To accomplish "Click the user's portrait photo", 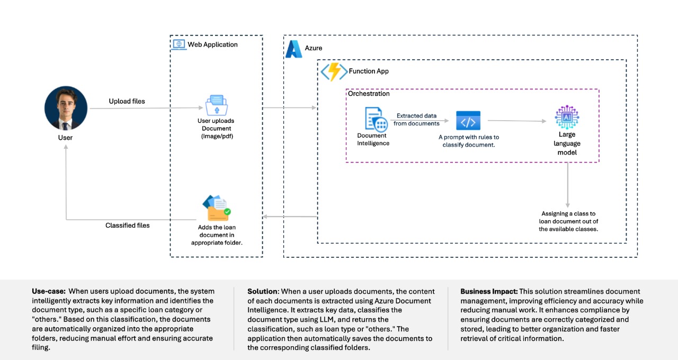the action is point(66,108).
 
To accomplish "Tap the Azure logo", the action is point(293,49).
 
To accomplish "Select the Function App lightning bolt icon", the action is point(334,71).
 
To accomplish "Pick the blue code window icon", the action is point(468,120).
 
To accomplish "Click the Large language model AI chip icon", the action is point(567,117).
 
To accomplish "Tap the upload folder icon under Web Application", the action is point(217,105).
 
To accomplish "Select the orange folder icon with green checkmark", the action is point(217,208).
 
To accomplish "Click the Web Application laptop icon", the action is point(179,44).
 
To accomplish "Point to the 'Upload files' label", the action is point(127,101).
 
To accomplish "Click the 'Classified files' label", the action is point(128,226).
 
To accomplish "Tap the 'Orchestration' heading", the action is point(369,94).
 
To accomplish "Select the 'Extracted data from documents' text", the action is point(416,120).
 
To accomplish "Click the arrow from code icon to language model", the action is point(517,121).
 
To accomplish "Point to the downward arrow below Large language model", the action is point(567,185).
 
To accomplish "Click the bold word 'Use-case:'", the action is point(49,291).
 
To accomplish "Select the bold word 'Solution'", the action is point(262,291).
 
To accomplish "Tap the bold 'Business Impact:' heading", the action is point(489,291).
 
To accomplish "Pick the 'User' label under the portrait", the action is point(65,138).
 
